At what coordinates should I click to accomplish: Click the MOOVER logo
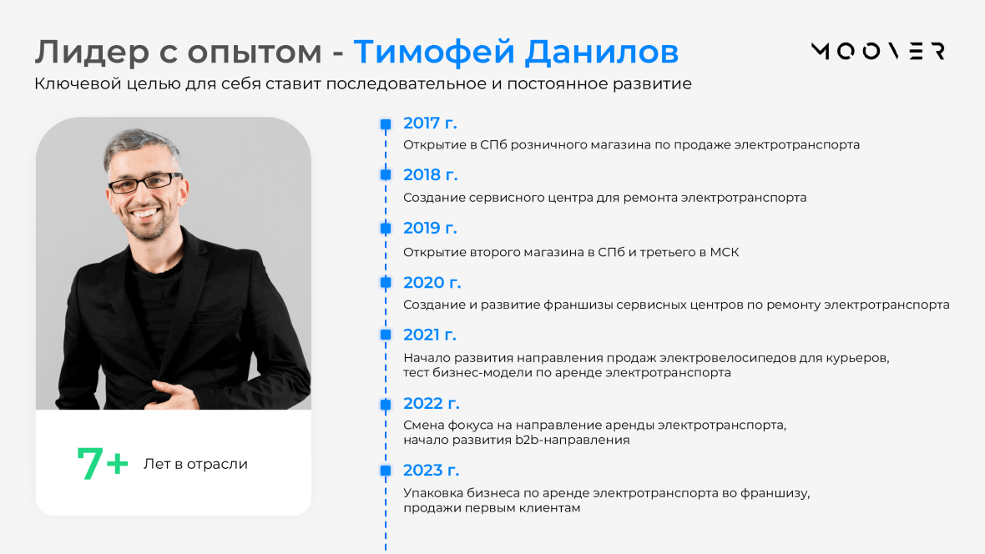[x=878, y=51]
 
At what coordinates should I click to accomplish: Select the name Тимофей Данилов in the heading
[x=516, y=52]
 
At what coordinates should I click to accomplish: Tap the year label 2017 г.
[x=430, y=123]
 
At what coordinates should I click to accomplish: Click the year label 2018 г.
[x=430, y=174]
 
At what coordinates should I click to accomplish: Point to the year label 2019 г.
[x=430, y=228]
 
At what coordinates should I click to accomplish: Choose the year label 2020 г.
[x=432, y=283]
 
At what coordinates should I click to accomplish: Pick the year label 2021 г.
[x=430, y=335]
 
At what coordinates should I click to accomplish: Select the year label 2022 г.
[x=431, y=403]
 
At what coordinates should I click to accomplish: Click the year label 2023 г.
[x=431, y=470]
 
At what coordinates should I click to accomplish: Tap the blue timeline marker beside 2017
[x=386, y=124]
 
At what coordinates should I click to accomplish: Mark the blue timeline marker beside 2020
[x=386, y=283]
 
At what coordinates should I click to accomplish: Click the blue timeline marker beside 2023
[x=386, y=470]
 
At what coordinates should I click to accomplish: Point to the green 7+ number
[x=103, y=464]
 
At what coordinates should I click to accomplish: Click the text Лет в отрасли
[x=195, y=464]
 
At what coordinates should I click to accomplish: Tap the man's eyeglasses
[x=145, y=183]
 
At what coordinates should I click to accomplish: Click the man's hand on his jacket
[x=176, y=394]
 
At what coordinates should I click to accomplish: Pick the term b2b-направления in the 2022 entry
[x=573, y=441]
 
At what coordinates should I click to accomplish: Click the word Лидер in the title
[x=92, y=52]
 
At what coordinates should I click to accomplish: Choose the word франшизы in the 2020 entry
[x=578, y=305]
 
